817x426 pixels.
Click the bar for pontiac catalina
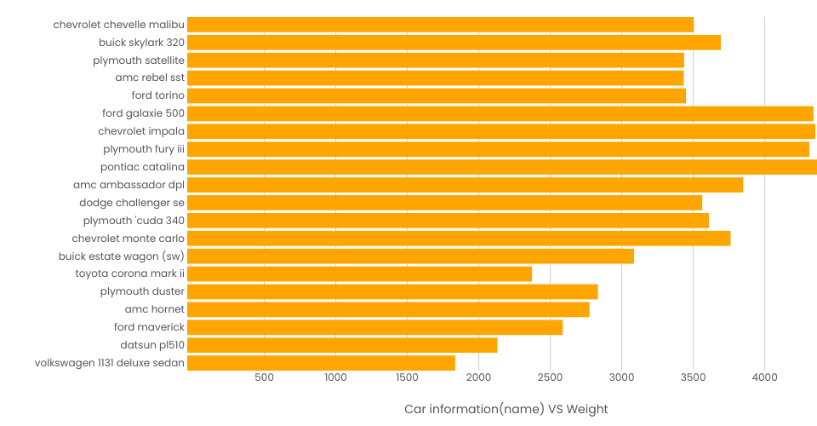[502, 167]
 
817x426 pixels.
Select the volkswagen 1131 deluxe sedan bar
[321, 363]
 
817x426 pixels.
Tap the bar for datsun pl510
[342, 345]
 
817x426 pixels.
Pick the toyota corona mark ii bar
[359, 273]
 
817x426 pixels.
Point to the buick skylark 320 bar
[454, 43]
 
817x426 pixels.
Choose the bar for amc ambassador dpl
[465, 185]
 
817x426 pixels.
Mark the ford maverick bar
[374, 327]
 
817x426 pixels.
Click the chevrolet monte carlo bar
[459, 239]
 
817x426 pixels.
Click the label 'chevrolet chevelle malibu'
[118, 25]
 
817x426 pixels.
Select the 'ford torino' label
[157, 95]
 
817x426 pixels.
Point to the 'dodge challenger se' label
[132, 203]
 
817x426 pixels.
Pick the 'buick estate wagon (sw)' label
[122, 256]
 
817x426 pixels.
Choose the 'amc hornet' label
[155, 309]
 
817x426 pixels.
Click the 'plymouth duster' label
[142, 291]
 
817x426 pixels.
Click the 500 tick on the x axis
[264, 377]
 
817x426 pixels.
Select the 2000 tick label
[478, 377]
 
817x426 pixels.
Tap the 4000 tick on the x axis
[764, 377]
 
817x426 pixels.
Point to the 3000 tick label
[621, 377]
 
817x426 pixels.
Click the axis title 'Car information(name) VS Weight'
[506, 409]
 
